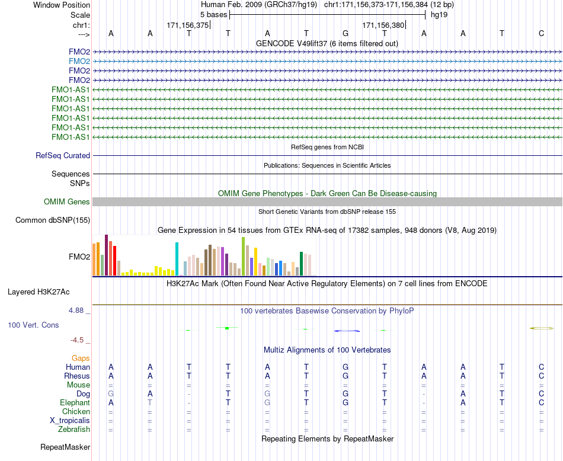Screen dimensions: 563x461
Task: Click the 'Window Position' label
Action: click(x=62, y=5)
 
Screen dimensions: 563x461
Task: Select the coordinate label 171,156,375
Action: click(x=187, y=25)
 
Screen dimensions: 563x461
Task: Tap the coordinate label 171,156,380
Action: click(x=383, y=25)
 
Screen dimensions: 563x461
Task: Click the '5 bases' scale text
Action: click(x=213, y=15)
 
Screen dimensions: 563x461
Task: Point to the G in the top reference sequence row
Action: click(x=346, y=33)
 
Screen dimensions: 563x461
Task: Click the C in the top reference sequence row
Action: click(x=542, y=33)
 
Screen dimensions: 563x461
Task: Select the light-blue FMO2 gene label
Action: click(x=79, y=61)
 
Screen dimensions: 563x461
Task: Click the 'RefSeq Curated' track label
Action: click(x=63, y=155)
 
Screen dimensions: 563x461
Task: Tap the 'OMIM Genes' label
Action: click(x=67, y=202)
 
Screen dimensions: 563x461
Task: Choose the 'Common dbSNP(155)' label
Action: click(x=53, y=220)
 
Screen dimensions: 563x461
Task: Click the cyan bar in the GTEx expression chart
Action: click(x=177, y=259)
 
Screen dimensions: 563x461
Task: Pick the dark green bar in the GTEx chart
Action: click(x=301, y=264)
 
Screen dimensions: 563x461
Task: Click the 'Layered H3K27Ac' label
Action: click(x=39, y=292)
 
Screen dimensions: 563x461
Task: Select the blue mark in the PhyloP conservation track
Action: click(x=347, y=331)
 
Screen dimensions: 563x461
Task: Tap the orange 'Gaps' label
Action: click(x=81, y=358)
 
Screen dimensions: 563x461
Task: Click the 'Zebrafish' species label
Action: click(x=74, y=429)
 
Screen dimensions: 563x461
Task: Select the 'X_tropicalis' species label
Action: click(x=70, y=421)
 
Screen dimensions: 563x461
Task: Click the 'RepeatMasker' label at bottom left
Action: click(x=65, y=447)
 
